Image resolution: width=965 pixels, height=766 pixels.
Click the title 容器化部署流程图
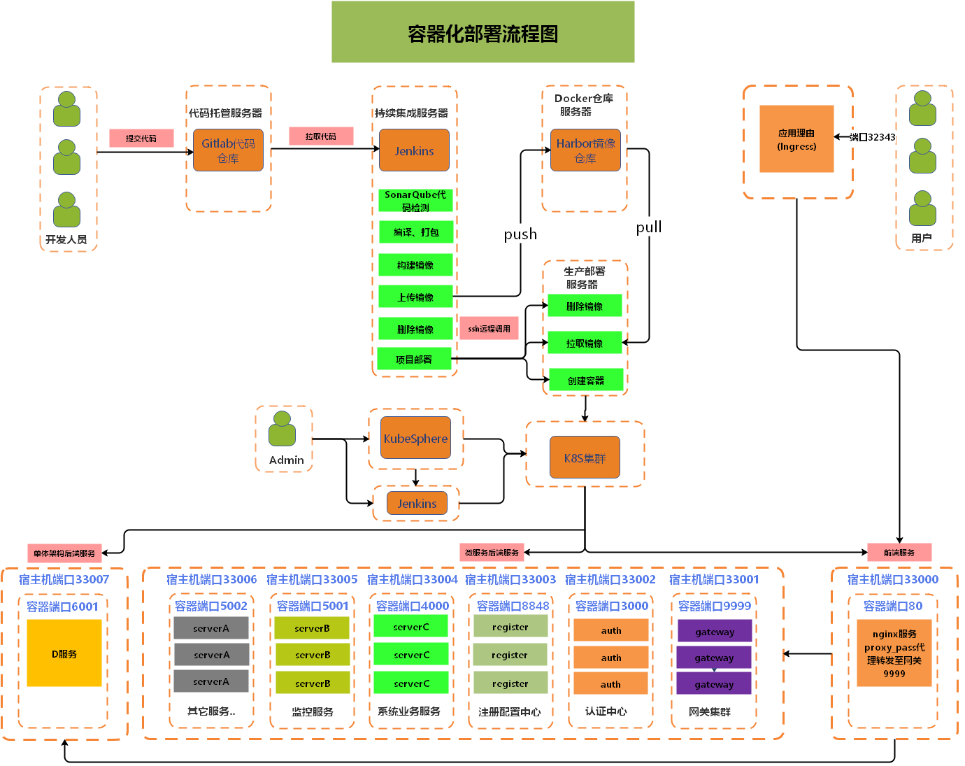(483, 34)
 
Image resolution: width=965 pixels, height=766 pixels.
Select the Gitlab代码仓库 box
(228, 150)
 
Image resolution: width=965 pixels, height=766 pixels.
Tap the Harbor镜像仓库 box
(585, 150)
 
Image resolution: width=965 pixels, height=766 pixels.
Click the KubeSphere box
(415, 438)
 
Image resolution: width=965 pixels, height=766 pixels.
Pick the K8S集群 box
(585, 458)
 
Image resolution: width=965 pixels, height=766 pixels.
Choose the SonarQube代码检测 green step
(415, 201)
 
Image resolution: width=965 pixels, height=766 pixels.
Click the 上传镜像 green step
(415, 297)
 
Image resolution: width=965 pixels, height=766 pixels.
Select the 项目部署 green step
(415, 359)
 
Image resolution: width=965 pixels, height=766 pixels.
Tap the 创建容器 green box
(586, 380)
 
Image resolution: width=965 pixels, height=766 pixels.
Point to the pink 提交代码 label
(141, 139)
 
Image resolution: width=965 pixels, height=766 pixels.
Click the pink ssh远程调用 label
(489, 329)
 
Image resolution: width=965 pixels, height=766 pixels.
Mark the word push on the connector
(520, 234)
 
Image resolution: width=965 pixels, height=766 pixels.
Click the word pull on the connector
(649, 227)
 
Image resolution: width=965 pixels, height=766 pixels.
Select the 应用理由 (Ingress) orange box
(797, 139)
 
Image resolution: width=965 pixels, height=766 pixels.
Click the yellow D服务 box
(64, 653)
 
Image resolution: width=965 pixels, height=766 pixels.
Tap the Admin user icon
(282, 429)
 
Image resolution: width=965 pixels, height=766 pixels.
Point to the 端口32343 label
(873, 137)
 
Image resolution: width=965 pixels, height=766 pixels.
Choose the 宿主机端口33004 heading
(413, 580)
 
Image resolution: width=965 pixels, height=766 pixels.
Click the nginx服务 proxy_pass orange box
(894, 653)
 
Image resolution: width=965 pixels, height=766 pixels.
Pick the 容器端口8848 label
(513, 607)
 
